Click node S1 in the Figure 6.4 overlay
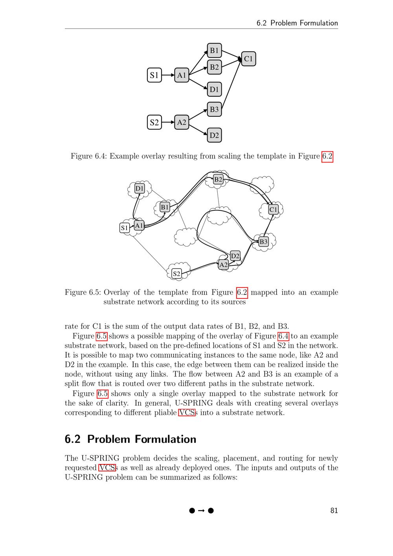pyautogui.click(x=154, y=75)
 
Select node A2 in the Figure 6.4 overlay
pyautogui.click(x=182, y=122)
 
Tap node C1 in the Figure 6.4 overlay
pyautogui.click(x=248, y=59)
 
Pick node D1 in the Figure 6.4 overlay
pyautogui.click(x=214, y=90)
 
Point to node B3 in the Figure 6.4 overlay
pyautogui.click(x=214, y=109)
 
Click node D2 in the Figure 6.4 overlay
pyautogui.click(x=214, y=135)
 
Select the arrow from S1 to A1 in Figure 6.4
pyautogui.click(x=168, y=75)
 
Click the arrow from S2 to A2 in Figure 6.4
pyautogui.click(x=168, y=122)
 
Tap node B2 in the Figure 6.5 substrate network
pyautogui.click(x=218, y=180)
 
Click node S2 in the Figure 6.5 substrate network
pyautogui.click(x=177, y=274)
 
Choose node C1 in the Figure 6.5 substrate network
pyautogui.click(x=273, y=210)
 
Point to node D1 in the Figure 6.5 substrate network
pyautogui.click(x=140, y=188)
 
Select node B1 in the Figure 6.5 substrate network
pyautogui.click(x=165, y=207)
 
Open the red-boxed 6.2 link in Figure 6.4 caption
pyautogui.click(x=327, y=156)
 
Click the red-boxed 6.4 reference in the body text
pyautogui.click(x=283, y=336)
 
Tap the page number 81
pyautogui.click(x=334, y=511)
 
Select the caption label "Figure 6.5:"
pyautogui.click(x=83, y=293)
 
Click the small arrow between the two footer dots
pyautogui.click(x=201, y=511)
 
